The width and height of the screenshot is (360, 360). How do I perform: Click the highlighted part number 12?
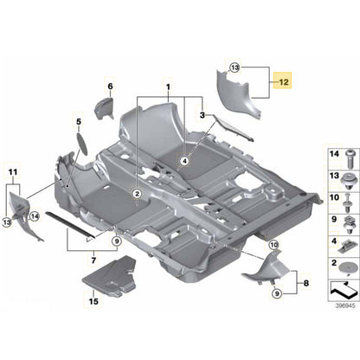click(x=283, y=83)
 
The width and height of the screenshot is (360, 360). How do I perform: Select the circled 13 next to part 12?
click(x=235, y=66)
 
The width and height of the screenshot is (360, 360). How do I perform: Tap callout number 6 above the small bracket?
click(x=110, y=86)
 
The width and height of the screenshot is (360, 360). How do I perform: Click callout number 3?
click(x=202, y=115)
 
